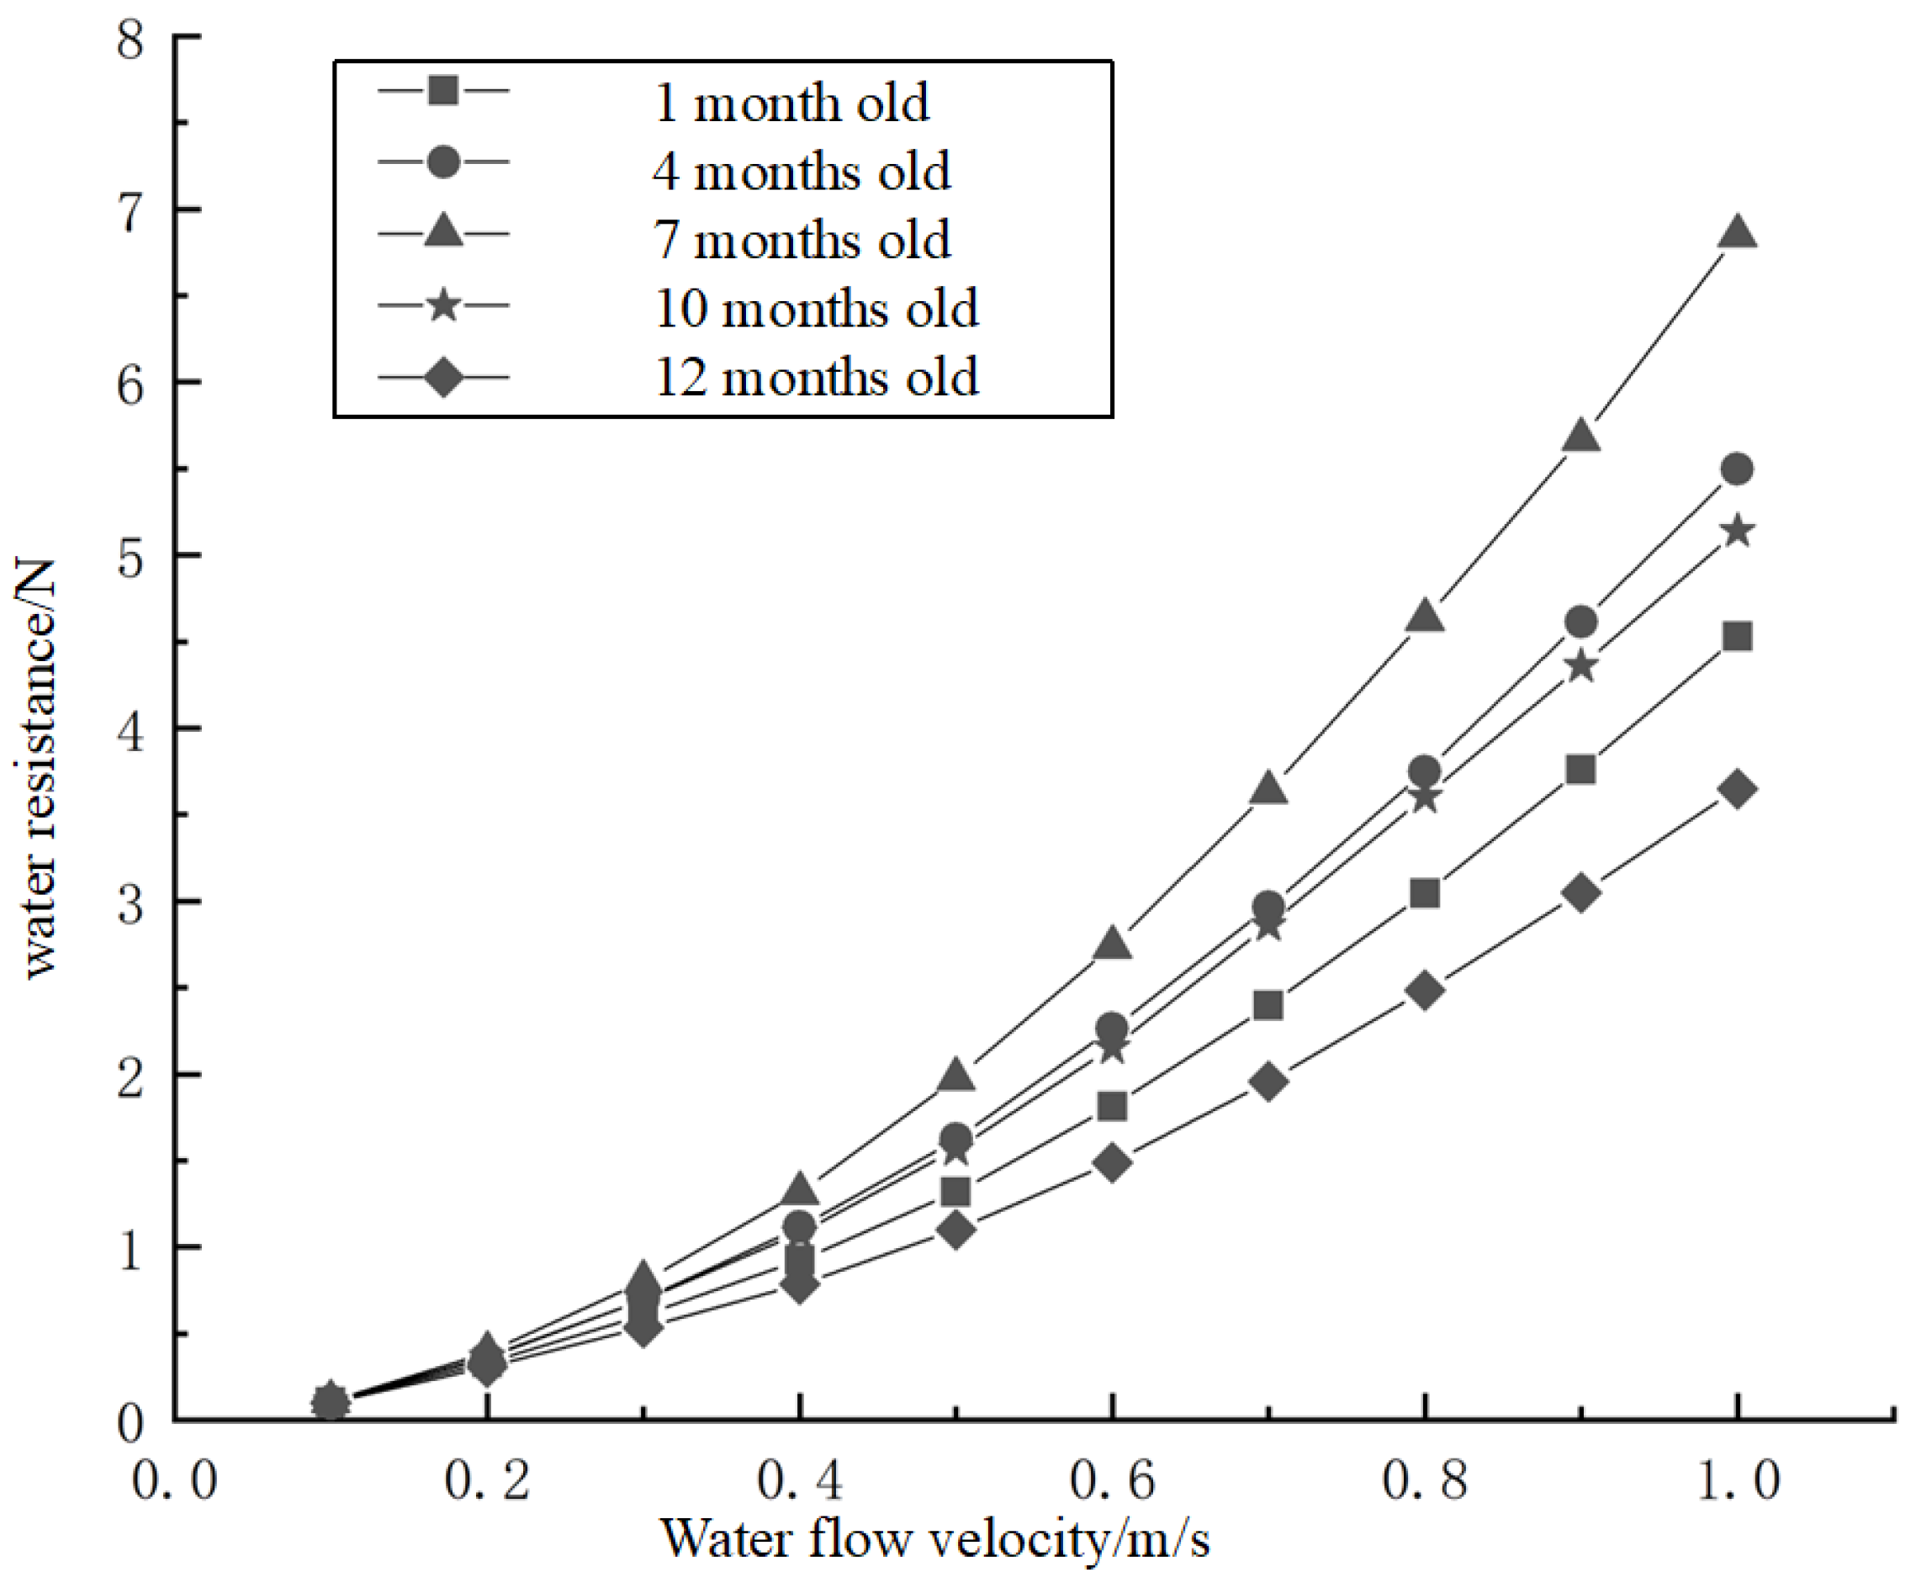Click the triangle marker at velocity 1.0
pos(1737,234)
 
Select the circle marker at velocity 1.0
pos(1737,469)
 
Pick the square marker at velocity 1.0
pos(1737,636)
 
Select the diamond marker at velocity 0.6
pos(1112,1163)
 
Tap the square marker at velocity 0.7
pos(1268,1006)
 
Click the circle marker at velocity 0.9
pos(1581,622)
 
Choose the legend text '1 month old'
pos(791,103)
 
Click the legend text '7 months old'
pos(802,240)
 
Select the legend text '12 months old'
pos(816,377)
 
